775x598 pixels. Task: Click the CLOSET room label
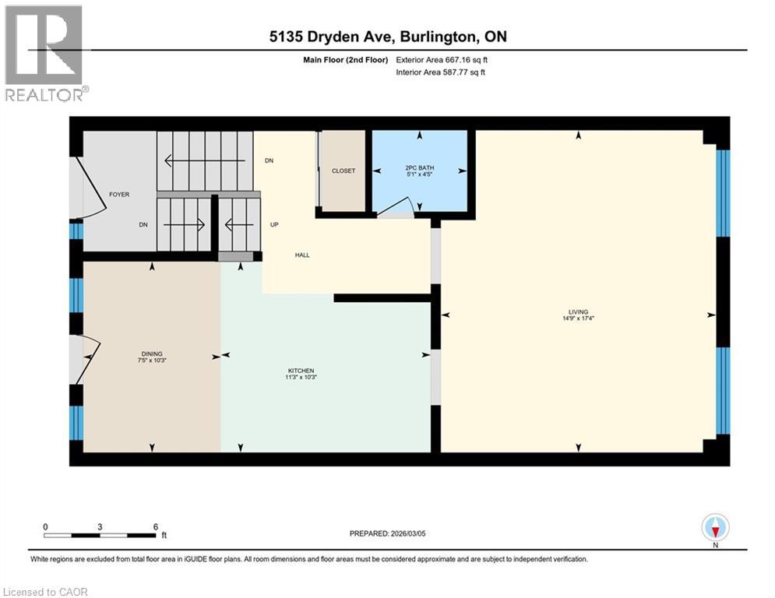pos(343,171)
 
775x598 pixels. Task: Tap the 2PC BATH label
pos(420,167)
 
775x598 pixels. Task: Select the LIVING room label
pos(578,312)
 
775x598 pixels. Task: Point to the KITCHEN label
pos(301,371)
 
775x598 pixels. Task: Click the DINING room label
pos(152,354)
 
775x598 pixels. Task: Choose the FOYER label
pos(119,194)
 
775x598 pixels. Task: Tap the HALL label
pos(302,255)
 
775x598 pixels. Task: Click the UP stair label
pos(274,224)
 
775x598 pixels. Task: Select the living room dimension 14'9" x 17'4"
pos(578,318)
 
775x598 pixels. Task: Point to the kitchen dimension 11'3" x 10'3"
pos(301,377)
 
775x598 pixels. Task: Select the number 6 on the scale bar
pos(156,527)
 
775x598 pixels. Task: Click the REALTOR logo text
pos(44,95)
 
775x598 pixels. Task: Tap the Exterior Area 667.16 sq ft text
pos(442,60)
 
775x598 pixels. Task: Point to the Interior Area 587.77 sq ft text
pos(440,72)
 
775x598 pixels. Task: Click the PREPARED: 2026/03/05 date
pos(388,533)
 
